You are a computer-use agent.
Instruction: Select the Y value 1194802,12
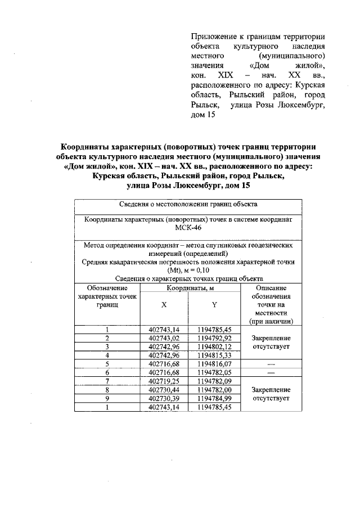pyautogui.click(x=214, y=347)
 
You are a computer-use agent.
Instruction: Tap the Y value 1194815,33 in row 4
pyautogui.click(x=214, y=355)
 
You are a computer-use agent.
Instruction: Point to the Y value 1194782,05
pyautogui.click(x=214, y=372)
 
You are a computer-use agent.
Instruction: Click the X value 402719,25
pyautogui.click(x=164, y=381)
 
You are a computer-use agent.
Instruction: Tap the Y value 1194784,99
pyautogui.click(x=214, y=398)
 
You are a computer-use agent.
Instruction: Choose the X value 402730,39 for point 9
pyautogui.click(x=164, y=398)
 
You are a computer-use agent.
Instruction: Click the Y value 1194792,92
pyautogui.click(x=214, y=339)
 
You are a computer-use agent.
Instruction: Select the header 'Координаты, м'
pyautogui.click(x=190, y=287)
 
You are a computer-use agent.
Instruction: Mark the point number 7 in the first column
pyautogui.click(x=107, y=381)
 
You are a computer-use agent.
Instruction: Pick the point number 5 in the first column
pyautogui.click(x=107, y=364)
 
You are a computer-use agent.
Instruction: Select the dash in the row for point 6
pyautogui.click(x=271, y=372)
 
